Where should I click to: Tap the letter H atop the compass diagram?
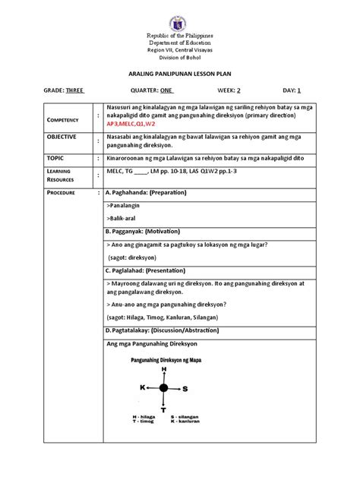pyautogui.click(x=163, y=368)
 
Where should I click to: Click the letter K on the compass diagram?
pyautogui.click(x=141, y=387)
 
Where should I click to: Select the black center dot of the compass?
pyautogui.click(x=163, y=388)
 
